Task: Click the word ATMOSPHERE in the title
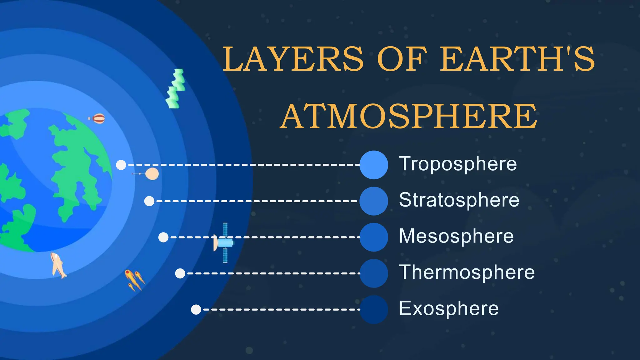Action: (x=409, y=116)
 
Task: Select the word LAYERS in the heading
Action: (x=293, y=59)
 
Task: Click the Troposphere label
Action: (x=458, y=164)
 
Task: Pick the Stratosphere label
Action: (x=459, y=200)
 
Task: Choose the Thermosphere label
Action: (x=467, y=272)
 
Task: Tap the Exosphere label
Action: (x=449, y=308)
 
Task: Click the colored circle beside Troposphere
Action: (x=374, y=165)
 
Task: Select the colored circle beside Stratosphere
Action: (x=374, y=201)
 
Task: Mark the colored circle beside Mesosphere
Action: (x=374, y=237)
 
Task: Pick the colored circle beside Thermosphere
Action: (x=374, y=273)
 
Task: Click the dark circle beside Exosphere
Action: (x=374, y=309)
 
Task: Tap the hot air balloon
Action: (x=98, y=119)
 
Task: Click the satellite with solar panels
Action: (x=224, y=243)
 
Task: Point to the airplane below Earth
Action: (x=58, y=265)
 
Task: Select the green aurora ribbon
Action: (x=176, y=89)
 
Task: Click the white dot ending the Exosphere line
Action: (x=196, y=310)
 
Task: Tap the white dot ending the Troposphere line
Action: (x=121, y=165)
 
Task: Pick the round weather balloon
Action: (x=152, y=174)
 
